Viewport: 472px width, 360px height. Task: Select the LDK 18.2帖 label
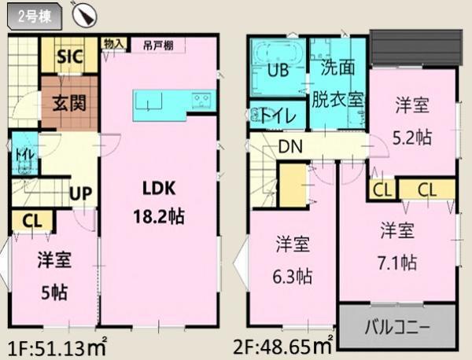(x=163, y=203)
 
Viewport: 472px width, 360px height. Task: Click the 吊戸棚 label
(x=158, y=44)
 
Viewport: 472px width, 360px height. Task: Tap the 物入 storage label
(x=114, y=44)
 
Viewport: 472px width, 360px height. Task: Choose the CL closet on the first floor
(x=31, y=221)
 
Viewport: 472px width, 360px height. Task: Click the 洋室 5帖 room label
(x=53, y=275)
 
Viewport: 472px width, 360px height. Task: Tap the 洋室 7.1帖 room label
(x=398, y=246)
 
